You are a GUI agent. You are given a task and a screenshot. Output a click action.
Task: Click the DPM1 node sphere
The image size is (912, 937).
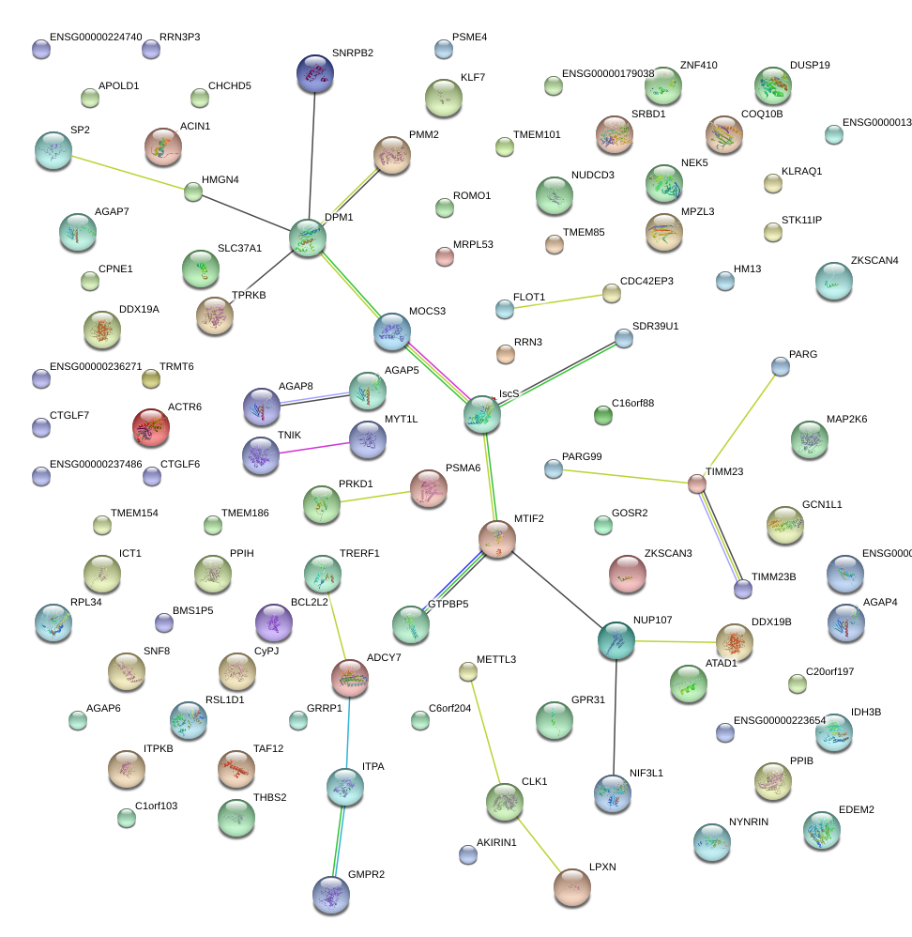308,237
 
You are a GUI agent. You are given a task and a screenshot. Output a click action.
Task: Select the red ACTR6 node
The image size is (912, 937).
151,426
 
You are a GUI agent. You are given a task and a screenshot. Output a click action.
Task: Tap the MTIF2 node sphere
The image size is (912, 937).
497,538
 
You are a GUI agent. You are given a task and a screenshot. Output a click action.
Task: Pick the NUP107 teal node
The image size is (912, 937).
616,639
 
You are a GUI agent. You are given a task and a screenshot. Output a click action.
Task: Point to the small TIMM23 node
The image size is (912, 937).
696,484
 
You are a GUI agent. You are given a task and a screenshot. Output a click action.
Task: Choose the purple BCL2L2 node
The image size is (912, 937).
274,622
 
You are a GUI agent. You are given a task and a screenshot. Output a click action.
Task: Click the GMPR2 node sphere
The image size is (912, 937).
330,894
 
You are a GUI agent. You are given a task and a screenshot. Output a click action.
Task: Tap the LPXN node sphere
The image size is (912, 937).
572,886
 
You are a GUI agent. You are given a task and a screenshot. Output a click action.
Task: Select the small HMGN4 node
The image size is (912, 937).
193,192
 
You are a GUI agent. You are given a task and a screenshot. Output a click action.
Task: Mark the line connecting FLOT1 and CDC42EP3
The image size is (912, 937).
558,300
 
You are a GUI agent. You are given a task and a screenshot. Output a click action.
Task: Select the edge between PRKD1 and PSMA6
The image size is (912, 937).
375,495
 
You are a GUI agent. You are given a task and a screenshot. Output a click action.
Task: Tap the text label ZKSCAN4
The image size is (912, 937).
874,260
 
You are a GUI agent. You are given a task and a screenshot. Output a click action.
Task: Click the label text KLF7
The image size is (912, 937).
473,77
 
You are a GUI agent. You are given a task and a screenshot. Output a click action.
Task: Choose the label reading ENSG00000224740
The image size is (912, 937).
96,37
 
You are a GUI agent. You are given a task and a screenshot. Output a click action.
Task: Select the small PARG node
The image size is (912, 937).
780,366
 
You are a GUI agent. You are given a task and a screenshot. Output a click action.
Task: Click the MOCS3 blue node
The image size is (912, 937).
392,330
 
